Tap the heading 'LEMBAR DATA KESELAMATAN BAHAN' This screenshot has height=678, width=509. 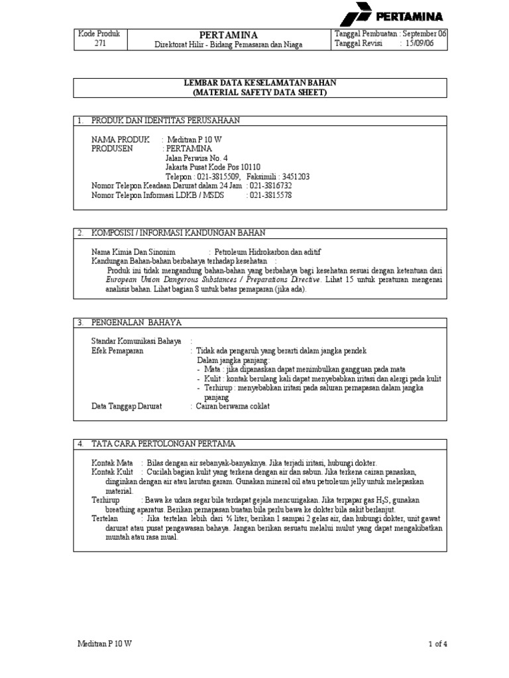coord(260,83)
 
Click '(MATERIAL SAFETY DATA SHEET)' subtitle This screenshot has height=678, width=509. coord(260,93)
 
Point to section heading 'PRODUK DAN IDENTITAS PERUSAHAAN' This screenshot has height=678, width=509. coord(165,121)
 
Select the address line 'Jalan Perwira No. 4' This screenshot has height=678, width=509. coord(196,158)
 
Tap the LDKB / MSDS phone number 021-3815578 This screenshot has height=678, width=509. coord(270,195)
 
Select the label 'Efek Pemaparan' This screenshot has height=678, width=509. coord(117,351)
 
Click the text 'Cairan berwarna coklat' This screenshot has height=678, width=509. coord(233,406)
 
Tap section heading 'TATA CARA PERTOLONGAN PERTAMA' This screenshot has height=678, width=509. coord(163,443)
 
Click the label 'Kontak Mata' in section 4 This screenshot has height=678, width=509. coord(112,462)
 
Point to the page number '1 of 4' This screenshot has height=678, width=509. coord(437,643)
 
